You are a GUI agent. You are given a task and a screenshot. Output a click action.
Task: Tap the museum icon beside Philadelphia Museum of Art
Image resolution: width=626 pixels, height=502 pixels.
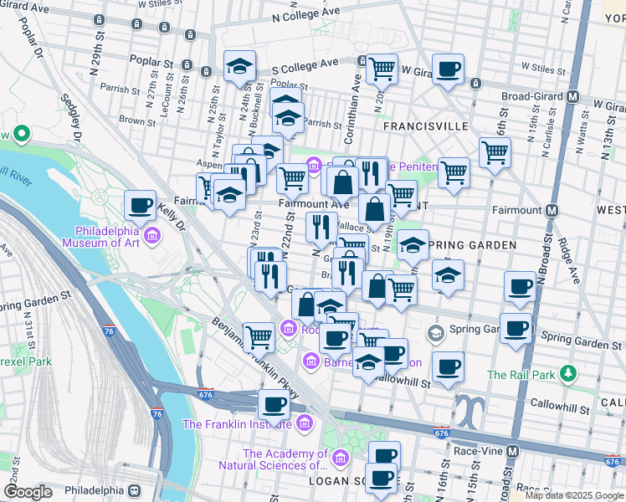(152, 238)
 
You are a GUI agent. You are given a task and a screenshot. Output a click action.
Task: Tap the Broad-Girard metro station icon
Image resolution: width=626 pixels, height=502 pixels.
(573, 96)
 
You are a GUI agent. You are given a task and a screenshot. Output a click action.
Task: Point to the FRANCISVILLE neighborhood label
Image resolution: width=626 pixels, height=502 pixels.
(425, 125)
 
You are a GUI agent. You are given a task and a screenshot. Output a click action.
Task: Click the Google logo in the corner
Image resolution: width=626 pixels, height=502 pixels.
(28, 492)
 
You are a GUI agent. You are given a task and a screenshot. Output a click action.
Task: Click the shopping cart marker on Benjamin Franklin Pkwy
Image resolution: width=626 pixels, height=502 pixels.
(259, 336)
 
